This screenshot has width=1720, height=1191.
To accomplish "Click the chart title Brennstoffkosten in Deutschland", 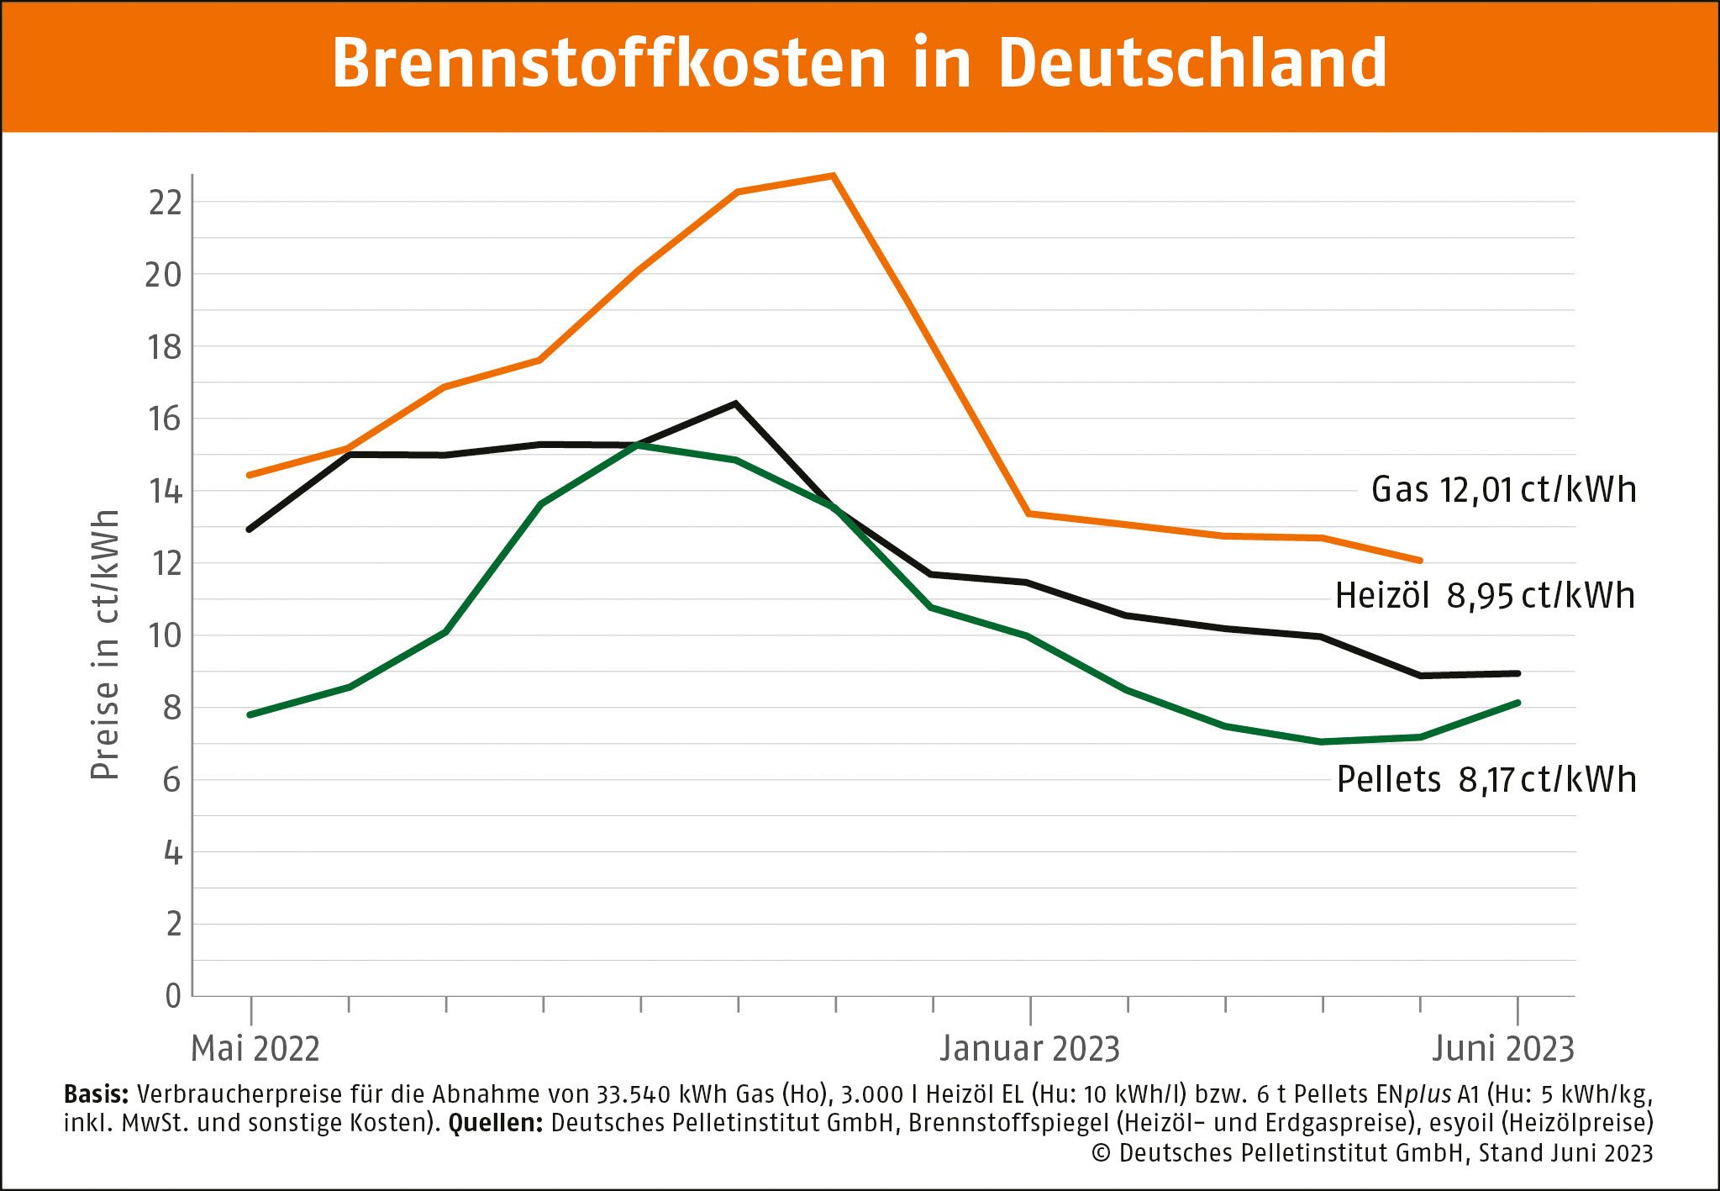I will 859,64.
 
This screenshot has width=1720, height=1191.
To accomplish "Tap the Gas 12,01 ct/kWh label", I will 1503,490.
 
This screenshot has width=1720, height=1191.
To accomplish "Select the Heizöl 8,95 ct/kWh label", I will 1485,596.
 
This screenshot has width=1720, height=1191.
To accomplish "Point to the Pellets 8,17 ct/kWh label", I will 1486,780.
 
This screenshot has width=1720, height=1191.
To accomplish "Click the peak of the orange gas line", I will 833,176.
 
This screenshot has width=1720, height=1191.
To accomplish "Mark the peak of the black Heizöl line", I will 736,403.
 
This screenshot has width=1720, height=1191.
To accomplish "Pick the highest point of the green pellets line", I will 639,445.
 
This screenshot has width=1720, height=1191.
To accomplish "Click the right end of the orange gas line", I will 1420,560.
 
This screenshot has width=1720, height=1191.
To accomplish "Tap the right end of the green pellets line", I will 1517,703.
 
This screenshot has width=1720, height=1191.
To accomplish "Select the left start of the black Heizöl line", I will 250,530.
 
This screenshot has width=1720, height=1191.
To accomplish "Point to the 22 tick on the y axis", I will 165,203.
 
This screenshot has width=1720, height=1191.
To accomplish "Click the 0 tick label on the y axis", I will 173,997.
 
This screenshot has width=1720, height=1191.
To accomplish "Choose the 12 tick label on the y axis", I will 165,563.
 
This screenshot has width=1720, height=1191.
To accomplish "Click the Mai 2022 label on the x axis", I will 255,1049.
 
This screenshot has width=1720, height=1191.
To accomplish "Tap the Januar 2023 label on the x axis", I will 1030,1049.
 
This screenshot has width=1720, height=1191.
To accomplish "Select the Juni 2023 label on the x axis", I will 1502,1049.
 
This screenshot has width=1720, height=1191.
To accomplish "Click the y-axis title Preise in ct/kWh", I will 105,645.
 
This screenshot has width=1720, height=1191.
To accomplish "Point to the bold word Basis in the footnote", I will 95,1094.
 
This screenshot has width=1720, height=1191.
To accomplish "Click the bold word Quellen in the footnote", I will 496,1124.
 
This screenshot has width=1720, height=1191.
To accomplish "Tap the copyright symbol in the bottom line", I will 1101,1153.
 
